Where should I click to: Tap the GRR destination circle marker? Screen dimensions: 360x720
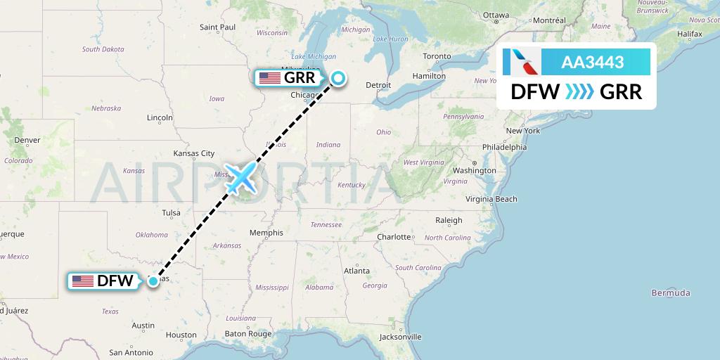[338, 78]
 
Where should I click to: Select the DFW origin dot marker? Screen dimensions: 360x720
[153, 281]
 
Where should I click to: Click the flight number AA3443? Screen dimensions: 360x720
[592, 63]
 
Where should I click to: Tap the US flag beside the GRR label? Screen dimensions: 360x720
[269, 78]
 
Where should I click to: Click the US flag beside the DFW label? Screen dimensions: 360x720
[83, 281]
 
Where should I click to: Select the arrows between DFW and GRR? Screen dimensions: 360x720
[579, 92]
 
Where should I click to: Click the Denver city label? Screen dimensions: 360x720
[27, 139]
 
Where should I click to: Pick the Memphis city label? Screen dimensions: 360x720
[266, 233]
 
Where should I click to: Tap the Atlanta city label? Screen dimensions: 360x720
[356, 271]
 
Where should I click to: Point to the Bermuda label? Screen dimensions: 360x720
[671, 292]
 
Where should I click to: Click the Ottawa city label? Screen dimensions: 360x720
[496, 15]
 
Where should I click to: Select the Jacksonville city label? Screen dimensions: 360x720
[399, 337]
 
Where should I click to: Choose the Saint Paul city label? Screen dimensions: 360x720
[217, 27]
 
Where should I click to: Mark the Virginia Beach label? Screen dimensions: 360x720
[491, 199]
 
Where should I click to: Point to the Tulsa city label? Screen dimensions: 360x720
[171, 212]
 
